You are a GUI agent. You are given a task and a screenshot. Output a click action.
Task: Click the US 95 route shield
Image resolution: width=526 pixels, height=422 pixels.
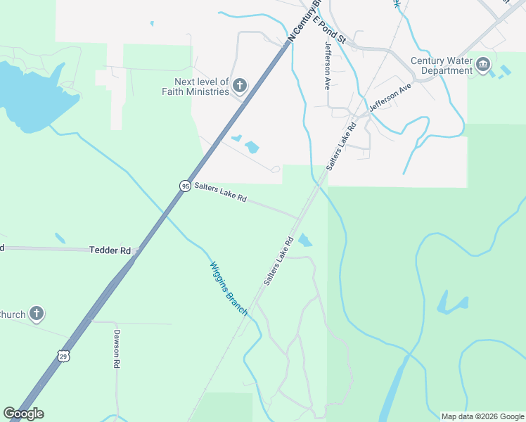coord(185,186)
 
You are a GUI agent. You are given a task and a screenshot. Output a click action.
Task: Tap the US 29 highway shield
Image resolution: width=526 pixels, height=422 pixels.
coord(63,357)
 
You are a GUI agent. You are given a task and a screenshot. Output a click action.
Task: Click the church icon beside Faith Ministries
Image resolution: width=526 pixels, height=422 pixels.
coord(240,87)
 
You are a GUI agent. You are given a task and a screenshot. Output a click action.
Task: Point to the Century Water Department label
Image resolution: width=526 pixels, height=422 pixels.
coord(442,65)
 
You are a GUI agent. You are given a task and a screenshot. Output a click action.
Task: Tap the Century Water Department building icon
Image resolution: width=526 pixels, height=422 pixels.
coord(483,65)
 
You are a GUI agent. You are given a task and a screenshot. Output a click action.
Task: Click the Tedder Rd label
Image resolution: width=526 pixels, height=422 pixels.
coord(110,250)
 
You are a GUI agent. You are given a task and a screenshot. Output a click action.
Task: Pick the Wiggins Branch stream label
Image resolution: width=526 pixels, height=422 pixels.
coord(229,288)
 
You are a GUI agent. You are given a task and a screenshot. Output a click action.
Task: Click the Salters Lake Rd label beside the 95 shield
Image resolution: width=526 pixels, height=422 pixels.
coord(220,193)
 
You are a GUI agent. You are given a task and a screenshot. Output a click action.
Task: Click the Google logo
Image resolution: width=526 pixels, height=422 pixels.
coord(23,414)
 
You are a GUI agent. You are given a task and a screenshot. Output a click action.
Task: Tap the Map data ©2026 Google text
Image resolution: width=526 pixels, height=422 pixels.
coord(482,416)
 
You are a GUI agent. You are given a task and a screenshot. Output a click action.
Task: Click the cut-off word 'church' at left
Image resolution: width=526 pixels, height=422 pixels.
coord(13,314)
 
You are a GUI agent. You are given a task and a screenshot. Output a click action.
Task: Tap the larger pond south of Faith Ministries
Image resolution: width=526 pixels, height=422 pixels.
coord(251,148)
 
